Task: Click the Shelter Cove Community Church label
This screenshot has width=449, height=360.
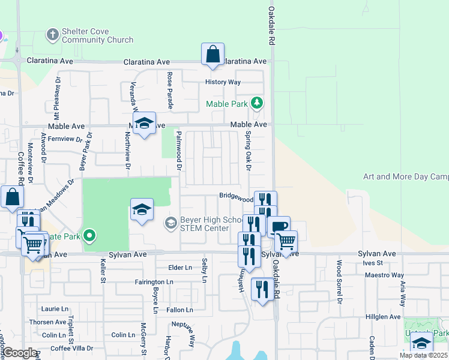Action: tap(97, 36)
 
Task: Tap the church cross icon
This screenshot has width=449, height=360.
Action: tap(53, 34)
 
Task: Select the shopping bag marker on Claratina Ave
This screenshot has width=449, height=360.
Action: tap(213, 55)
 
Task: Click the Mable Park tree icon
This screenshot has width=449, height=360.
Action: tap(257, 103)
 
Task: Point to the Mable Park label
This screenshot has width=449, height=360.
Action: tap(227, 104)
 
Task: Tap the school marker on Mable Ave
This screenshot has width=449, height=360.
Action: tap(144, 124)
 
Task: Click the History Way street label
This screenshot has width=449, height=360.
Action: tap(223, 82)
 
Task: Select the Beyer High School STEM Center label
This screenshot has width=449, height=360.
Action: tap(204, 224)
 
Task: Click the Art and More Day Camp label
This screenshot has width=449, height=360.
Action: tap(406, 177)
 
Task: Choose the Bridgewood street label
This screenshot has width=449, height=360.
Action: tap(236, 196)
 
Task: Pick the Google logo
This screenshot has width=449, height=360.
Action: tap(19, 353)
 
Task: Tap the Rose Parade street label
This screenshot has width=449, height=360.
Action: tap(170, 90)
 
